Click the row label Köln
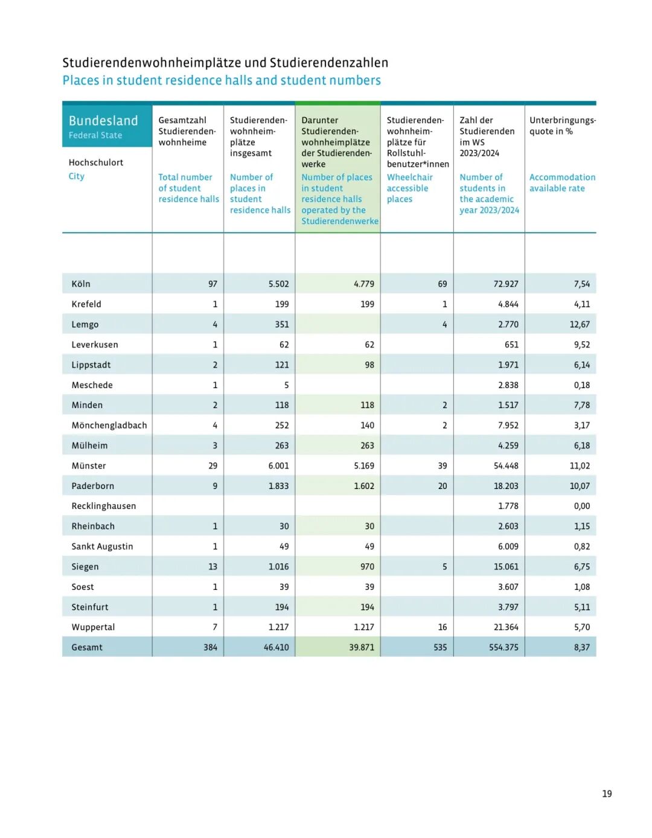pyautogui.click(x=81, y=284)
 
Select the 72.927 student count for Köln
pyautogui.click(x=505, y=284)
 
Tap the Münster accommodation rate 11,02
pyautogui.click(x=580, y=465)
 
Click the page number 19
pyautogui.click(x=607, y=794)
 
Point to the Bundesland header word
pyautogui.click(x=103, y=121)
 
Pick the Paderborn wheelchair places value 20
pyautogui.click(x=443, y=486)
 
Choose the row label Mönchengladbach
pyautogui.click(x=109, y=425)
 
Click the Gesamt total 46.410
pyautogui.click(x=276, y=647)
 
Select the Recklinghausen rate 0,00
pyautogui.click(x=581, y=506)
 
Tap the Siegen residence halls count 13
pyautogui.click(x=213, y=566)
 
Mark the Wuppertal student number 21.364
pyautogui.click(x=505, y=627)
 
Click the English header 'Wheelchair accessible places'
pyautogui.click(x=410, y=188)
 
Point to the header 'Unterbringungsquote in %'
pyautogui.click(x=562, y=126)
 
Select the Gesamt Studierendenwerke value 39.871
pyautogui.click(x=361, y=647)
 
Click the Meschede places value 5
pyautogui.click(x=286, y=385)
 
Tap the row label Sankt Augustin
pyautogui.click(x=102, y=546)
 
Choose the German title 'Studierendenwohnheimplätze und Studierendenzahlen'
pyautogui.click(x=225, y=63)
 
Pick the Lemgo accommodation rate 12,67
pyautogui.click(x=580, y=324)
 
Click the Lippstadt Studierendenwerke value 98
pyautogui.click(x=369, y=365)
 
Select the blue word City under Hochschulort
pyautogui.click(x=77, y=176)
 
